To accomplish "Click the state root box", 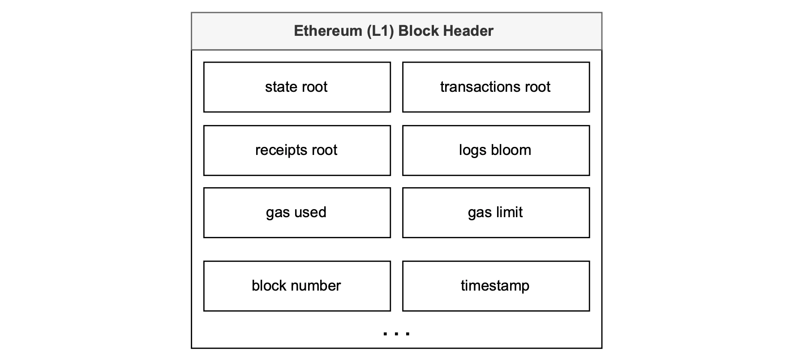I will tap(297, 87).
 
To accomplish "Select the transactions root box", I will tap(496, 87).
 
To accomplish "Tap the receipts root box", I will tap(297, 150).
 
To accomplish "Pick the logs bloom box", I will tap(496, 150).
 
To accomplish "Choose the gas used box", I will tap(297, 213).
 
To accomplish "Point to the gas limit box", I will tap(496, 213).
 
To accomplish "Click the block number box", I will tap(297, 286).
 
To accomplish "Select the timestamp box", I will tap(496, 286).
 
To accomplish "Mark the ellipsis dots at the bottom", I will tap(396, 333).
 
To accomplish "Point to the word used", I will tap(310, 212).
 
